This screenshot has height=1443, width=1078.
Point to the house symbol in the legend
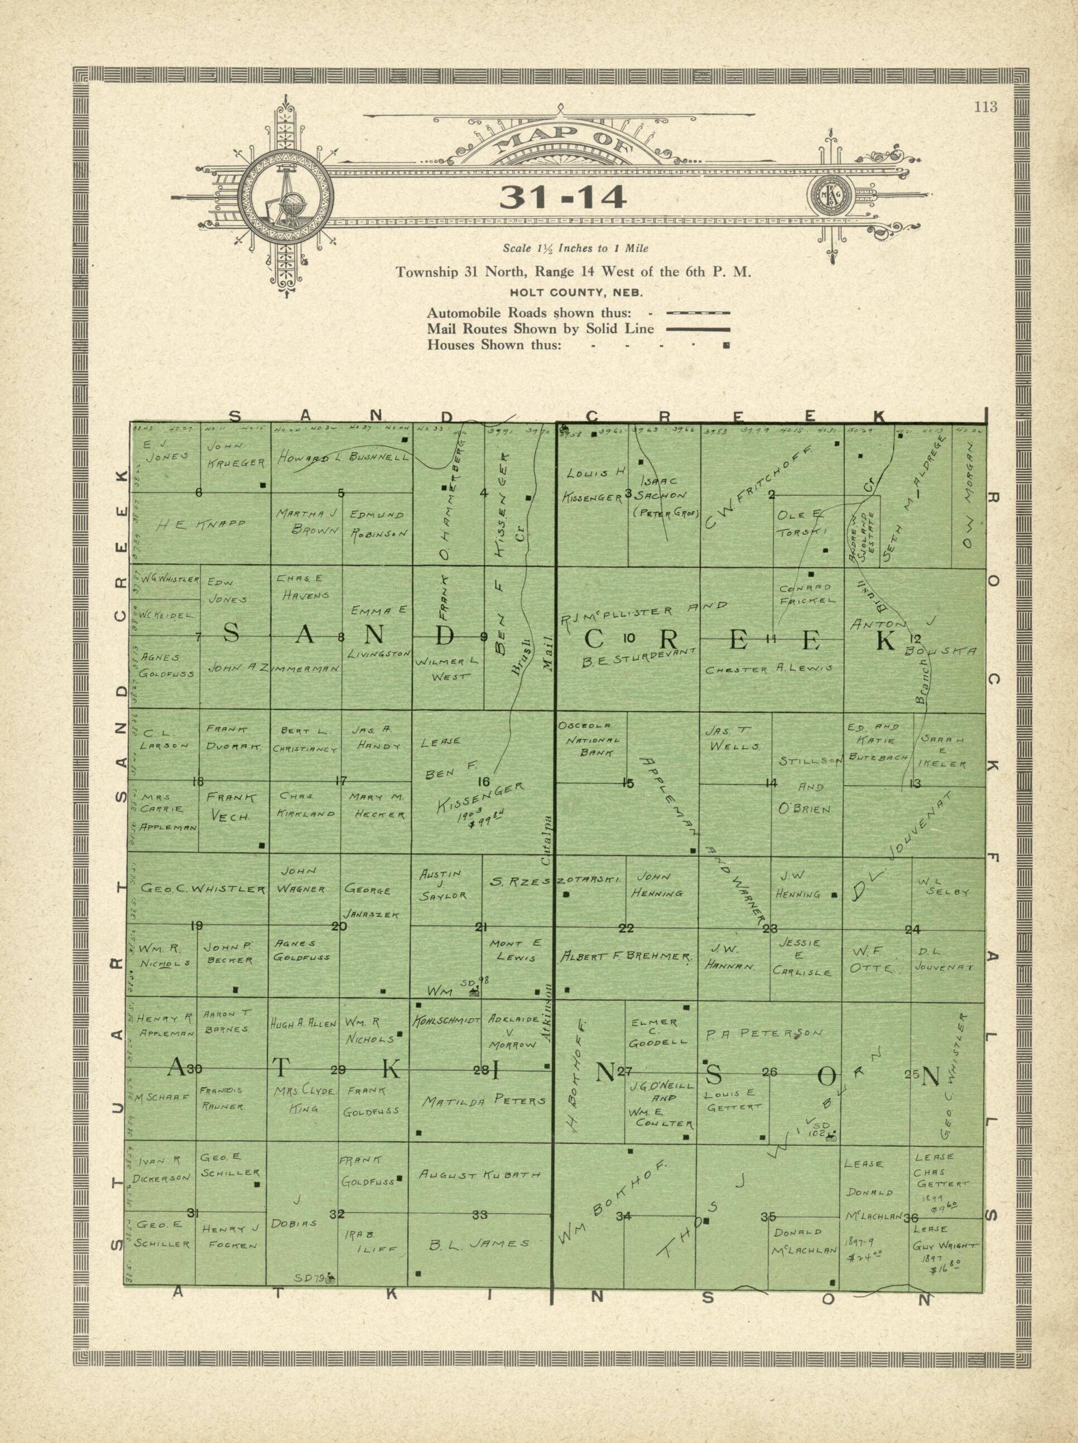(726, 345)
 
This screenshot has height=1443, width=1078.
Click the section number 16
(484, 781)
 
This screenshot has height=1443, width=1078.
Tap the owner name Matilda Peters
(484, 1101)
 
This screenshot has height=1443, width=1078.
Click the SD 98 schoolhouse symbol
(474, 992)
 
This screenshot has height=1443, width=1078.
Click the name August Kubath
(480, 1175)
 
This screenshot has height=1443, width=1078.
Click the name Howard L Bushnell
(344, 458)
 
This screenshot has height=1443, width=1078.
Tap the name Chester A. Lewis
(769, 669)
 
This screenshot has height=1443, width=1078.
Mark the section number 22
(627, 928)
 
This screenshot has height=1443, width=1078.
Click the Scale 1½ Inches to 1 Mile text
(575, 249)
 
